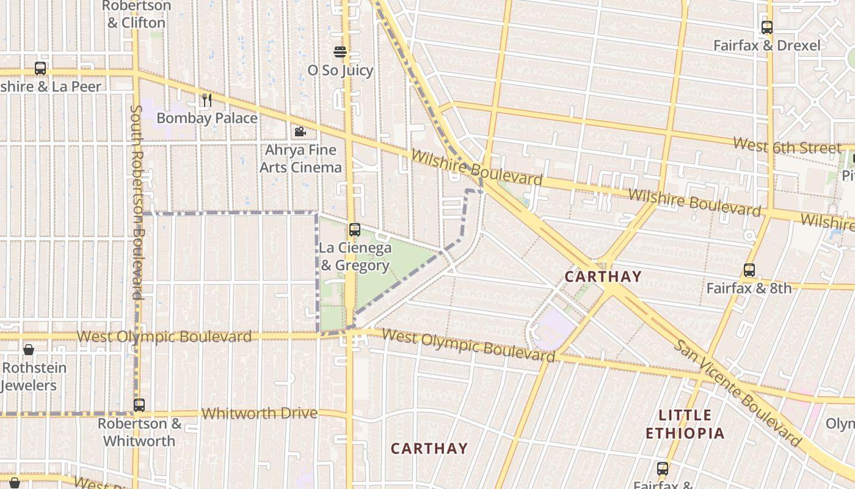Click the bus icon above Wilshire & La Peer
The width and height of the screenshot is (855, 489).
[x=40, y=68]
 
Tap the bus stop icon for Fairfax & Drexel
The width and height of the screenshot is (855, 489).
[x=766, y=28]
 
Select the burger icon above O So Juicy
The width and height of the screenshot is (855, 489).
[x=340, y=52]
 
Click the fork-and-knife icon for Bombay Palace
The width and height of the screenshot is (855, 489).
[x=207, y=100]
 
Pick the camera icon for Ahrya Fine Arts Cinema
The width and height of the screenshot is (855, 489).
[x=300, y=132]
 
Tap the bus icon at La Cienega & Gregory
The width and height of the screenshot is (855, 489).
[x=355, y=230]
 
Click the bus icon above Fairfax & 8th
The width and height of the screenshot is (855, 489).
[x=749, y=270]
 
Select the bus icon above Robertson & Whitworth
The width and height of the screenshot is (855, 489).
[x=139, y=405]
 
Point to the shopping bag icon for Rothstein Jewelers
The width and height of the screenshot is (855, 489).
[x=28, y=350]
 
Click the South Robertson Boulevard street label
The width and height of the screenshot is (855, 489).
[x=137, y=202]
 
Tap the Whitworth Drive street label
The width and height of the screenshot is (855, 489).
[x=260, y=414]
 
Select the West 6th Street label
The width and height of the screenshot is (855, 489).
[x=787, y=147]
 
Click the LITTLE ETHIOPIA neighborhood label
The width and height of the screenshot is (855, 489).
[x=685, y=424]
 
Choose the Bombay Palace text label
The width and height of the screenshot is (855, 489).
[x=207, y=118]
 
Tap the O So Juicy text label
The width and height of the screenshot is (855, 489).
[x=340, y=70]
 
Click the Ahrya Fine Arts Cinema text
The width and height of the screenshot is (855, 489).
[x=300, y=158]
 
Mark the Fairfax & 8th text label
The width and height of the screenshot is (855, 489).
[x=749, y=288]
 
